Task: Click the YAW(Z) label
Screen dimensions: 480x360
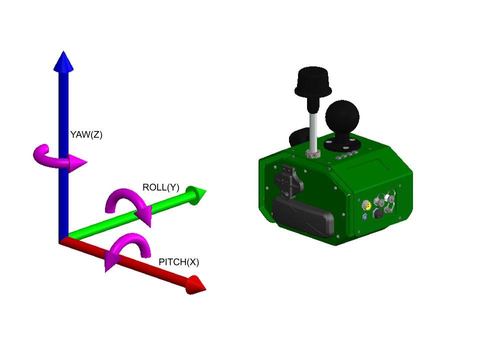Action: click(86, 134)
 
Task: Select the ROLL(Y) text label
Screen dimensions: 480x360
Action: click(160, 187)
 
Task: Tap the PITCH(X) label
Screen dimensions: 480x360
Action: click(178, 262)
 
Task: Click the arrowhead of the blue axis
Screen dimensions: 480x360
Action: click(63, 61)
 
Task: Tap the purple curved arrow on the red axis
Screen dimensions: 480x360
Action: click(127, 249)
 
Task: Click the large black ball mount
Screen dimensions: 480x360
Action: click(342, 116)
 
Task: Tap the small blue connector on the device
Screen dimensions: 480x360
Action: click(364, 216)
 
